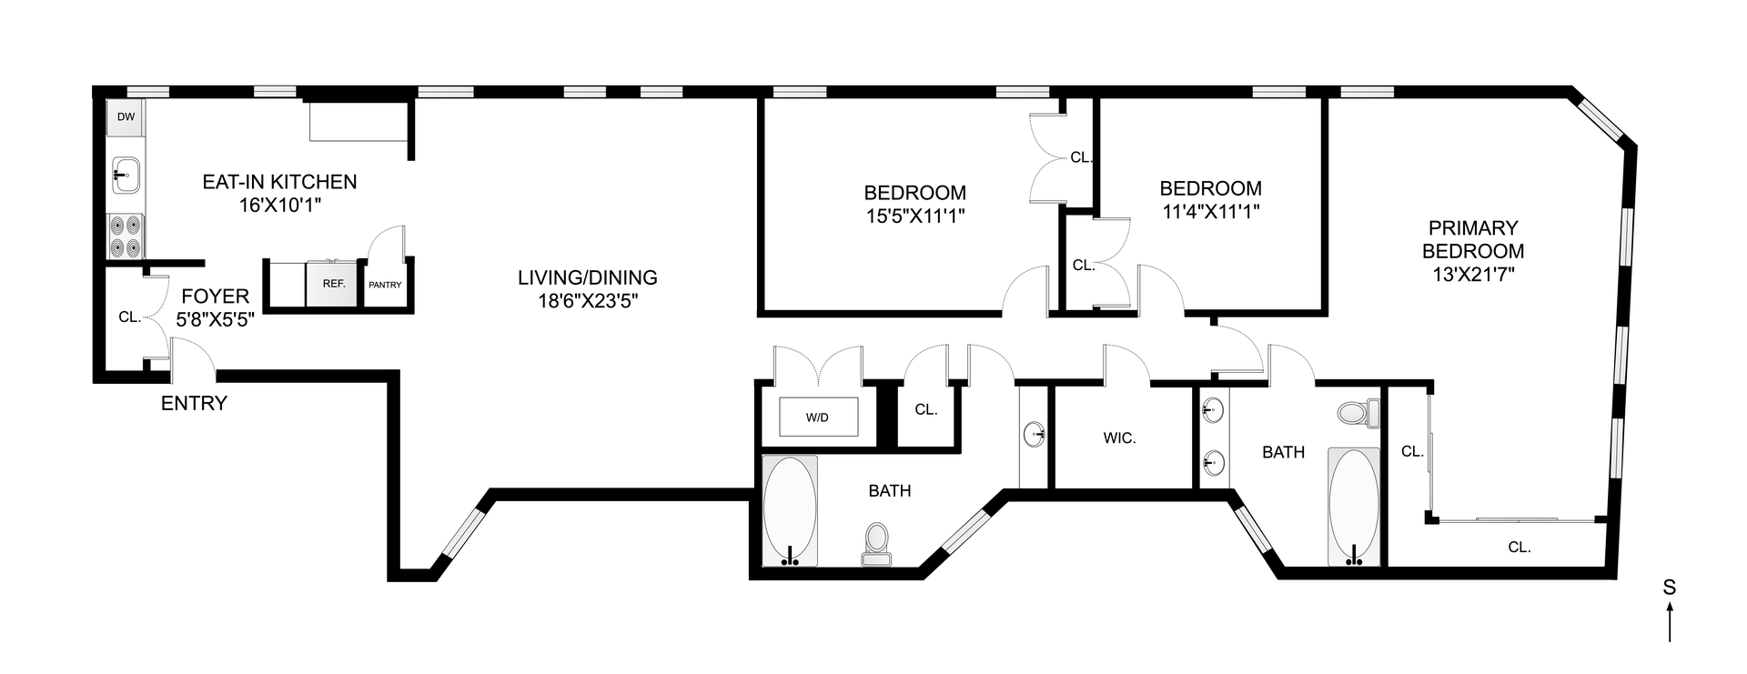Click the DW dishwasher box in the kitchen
[126, 117]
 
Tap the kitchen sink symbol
[126, 174]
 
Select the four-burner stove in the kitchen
[126, 235]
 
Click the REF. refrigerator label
[334, 284]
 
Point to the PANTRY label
[385, 285]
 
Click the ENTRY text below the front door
[194, 403]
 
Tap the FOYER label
[216, 297]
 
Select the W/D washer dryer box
[818, 417]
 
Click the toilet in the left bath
[877, 543]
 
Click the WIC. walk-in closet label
[1119, 438]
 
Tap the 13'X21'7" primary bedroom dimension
[1473, 274]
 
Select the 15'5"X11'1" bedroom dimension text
[914, 216]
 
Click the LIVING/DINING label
[588, 278]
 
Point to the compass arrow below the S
[1670, 625]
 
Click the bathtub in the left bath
[790, 512]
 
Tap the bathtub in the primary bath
[1355, 507]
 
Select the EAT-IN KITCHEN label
[279, 182]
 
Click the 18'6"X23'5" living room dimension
[588, 302]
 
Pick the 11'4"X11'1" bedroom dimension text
[1210, 212]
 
